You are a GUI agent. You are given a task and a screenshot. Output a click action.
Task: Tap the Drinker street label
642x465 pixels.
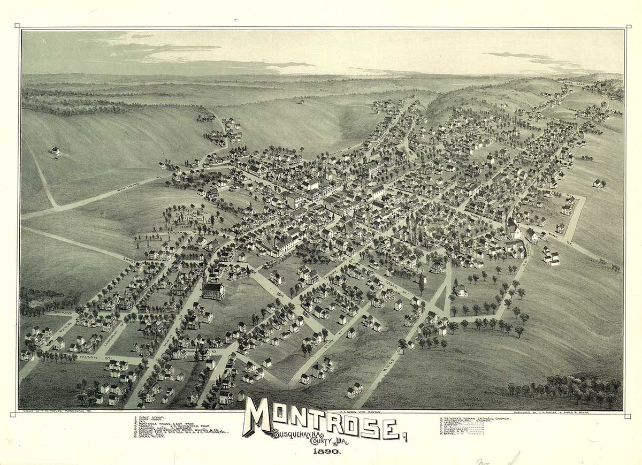coord(64,312)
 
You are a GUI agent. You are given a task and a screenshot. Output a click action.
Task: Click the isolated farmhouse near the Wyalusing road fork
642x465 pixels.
coord(55,151)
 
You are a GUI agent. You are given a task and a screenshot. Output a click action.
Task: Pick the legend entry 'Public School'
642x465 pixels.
coord(151,416)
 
